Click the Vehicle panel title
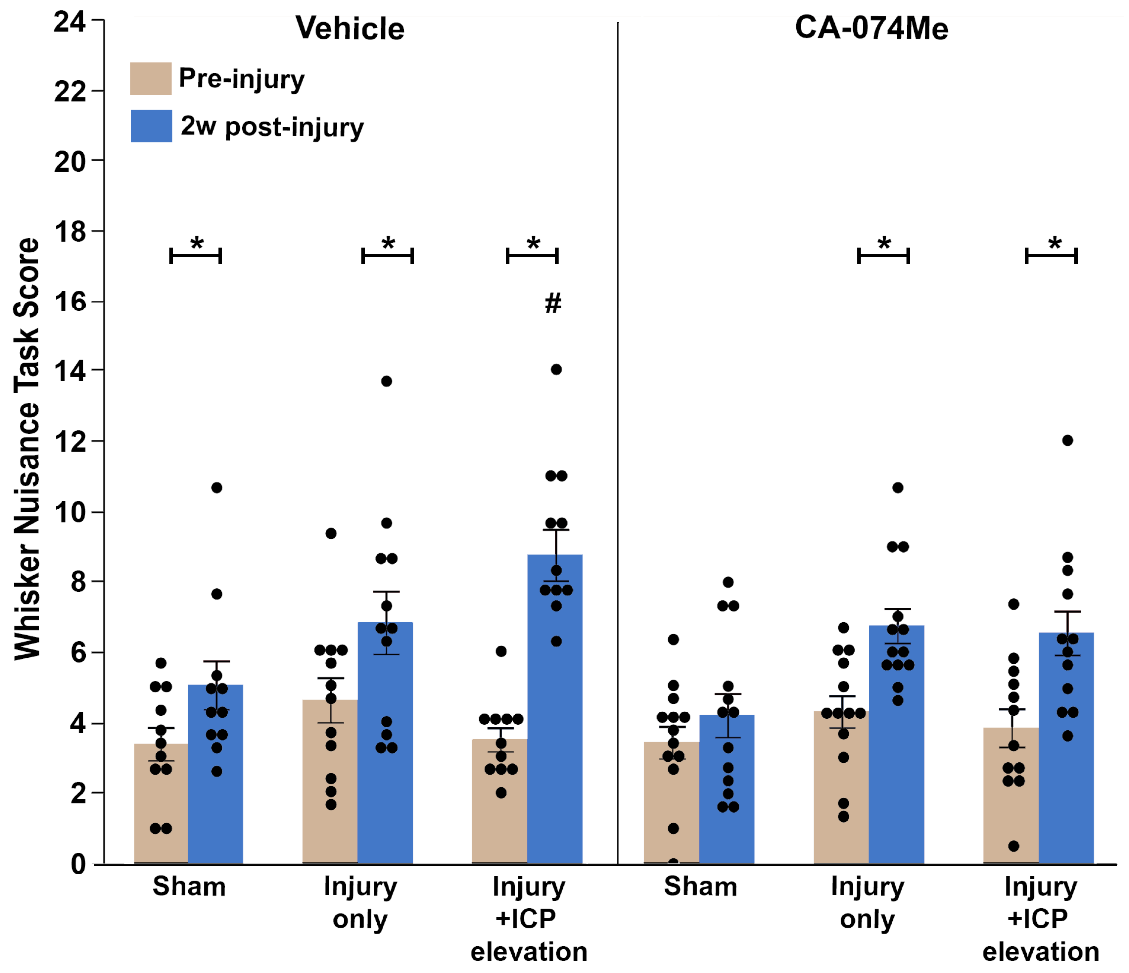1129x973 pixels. point(350,28)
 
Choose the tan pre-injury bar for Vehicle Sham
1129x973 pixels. point(161,807)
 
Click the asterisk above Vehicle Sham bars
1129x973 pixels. point(197,244)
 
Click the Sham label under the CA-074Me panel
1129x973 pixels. point(700,887)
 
